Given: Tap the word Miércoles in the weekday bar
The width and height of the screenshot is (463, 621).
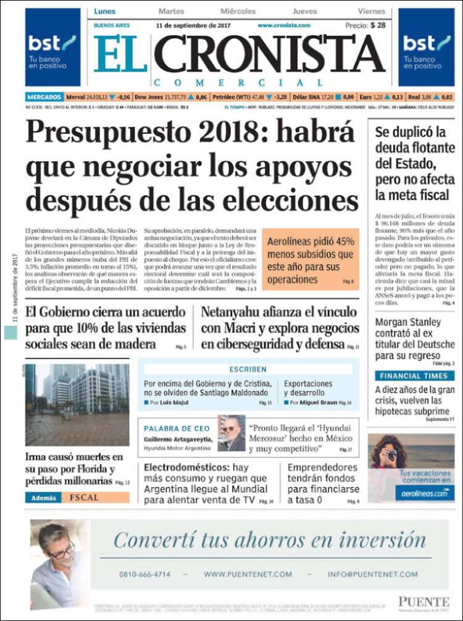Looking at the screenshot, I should [x=238, y=11].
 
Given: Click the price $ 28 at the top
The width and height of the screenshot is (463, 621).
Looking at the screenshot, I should [x=378, y=25].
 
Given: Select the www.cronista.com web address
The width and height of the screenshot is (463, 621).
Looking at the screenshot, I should [x=283, y=25].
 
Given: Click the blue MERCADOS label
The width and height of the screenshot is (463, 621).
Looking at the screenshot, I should [x=44, y=97].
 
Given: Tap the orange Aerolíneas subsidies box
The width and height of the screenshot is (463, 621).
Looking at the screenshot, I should [x=311, y=259].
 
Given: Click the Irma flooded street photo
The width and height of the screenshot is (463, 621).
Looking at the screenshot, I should [x=77, y=404].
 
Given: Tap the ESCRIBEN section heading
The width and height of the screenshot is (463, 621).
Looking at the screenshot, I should [x=248, y=369].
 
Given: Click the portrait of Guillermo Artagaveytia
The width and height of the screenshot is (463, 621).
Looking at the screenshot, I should [x=231, y=433].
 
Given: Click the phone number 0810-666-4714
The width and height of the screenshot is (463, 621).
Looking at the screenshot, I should [x=144, y=574].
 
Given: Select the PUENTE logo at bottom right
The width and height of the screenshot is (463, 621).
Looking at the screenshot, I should [x=423, y=601].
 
